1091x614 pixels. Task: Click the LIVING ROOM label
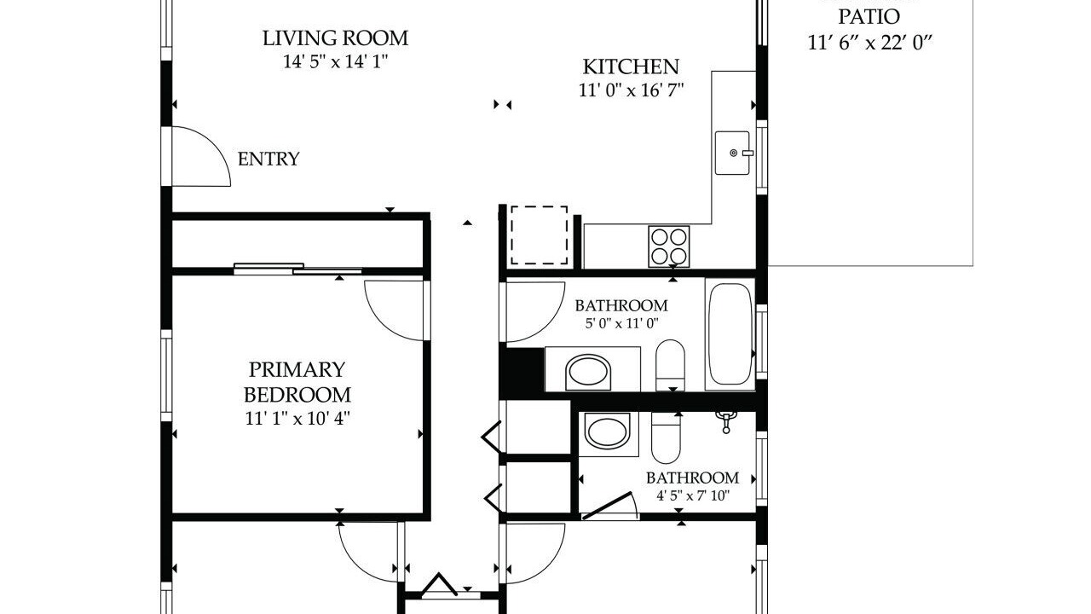point(335,38)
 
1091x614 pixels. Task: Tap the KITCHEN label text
point(631,67)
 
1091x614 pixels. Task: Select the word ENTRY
point(268,159)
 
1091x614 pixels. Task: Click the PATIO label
point(869,17)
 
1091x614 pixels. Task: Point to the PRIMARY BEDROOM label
point(297,382)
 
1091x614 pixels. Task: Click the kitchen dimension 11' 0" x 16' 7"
point(632,90)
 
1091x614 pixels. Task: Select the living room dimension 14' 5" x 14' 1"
point(336,62)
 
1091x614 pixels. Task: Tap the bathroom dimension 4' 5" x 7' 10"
point(693,496)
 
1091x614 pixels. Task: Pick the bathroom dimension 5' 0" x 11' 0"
point(621,323)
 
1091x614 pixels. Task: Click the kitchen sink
point(732,153)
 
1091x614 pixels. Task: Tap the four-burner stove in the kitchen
point(669,246)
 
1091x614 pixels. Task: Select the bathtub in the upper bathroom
point(730,334)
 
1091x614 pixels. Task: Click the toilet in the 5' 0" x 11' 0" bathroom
point(670,365)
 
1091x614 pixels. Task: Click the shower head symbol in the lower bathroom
point(725,421)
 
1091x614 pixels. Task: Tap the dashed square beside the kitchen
point(540,235)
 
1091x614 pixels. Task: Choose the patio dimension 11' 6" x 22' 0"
point(870,43)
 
